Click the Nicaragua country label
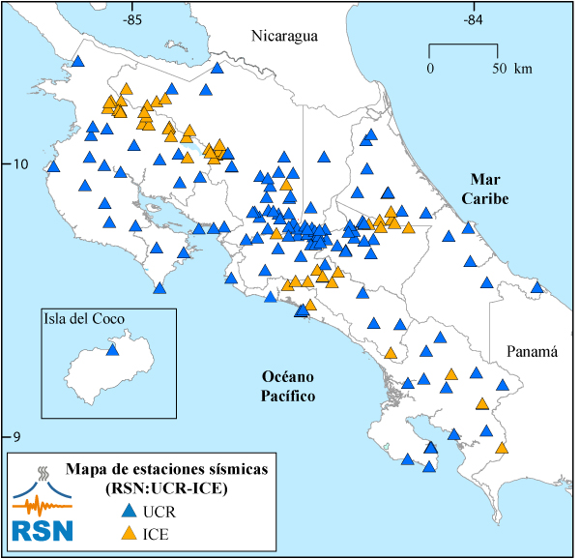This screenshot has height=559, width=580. [284, 37]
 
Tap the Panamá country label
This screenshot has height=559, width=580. [532, 353]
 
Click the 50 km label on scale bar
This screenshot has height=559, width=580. [509, 69]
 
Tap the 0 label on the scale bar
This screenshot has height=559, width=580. [430, 69]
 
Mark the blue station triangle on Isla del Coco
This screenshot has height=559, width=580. [112, 349]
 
